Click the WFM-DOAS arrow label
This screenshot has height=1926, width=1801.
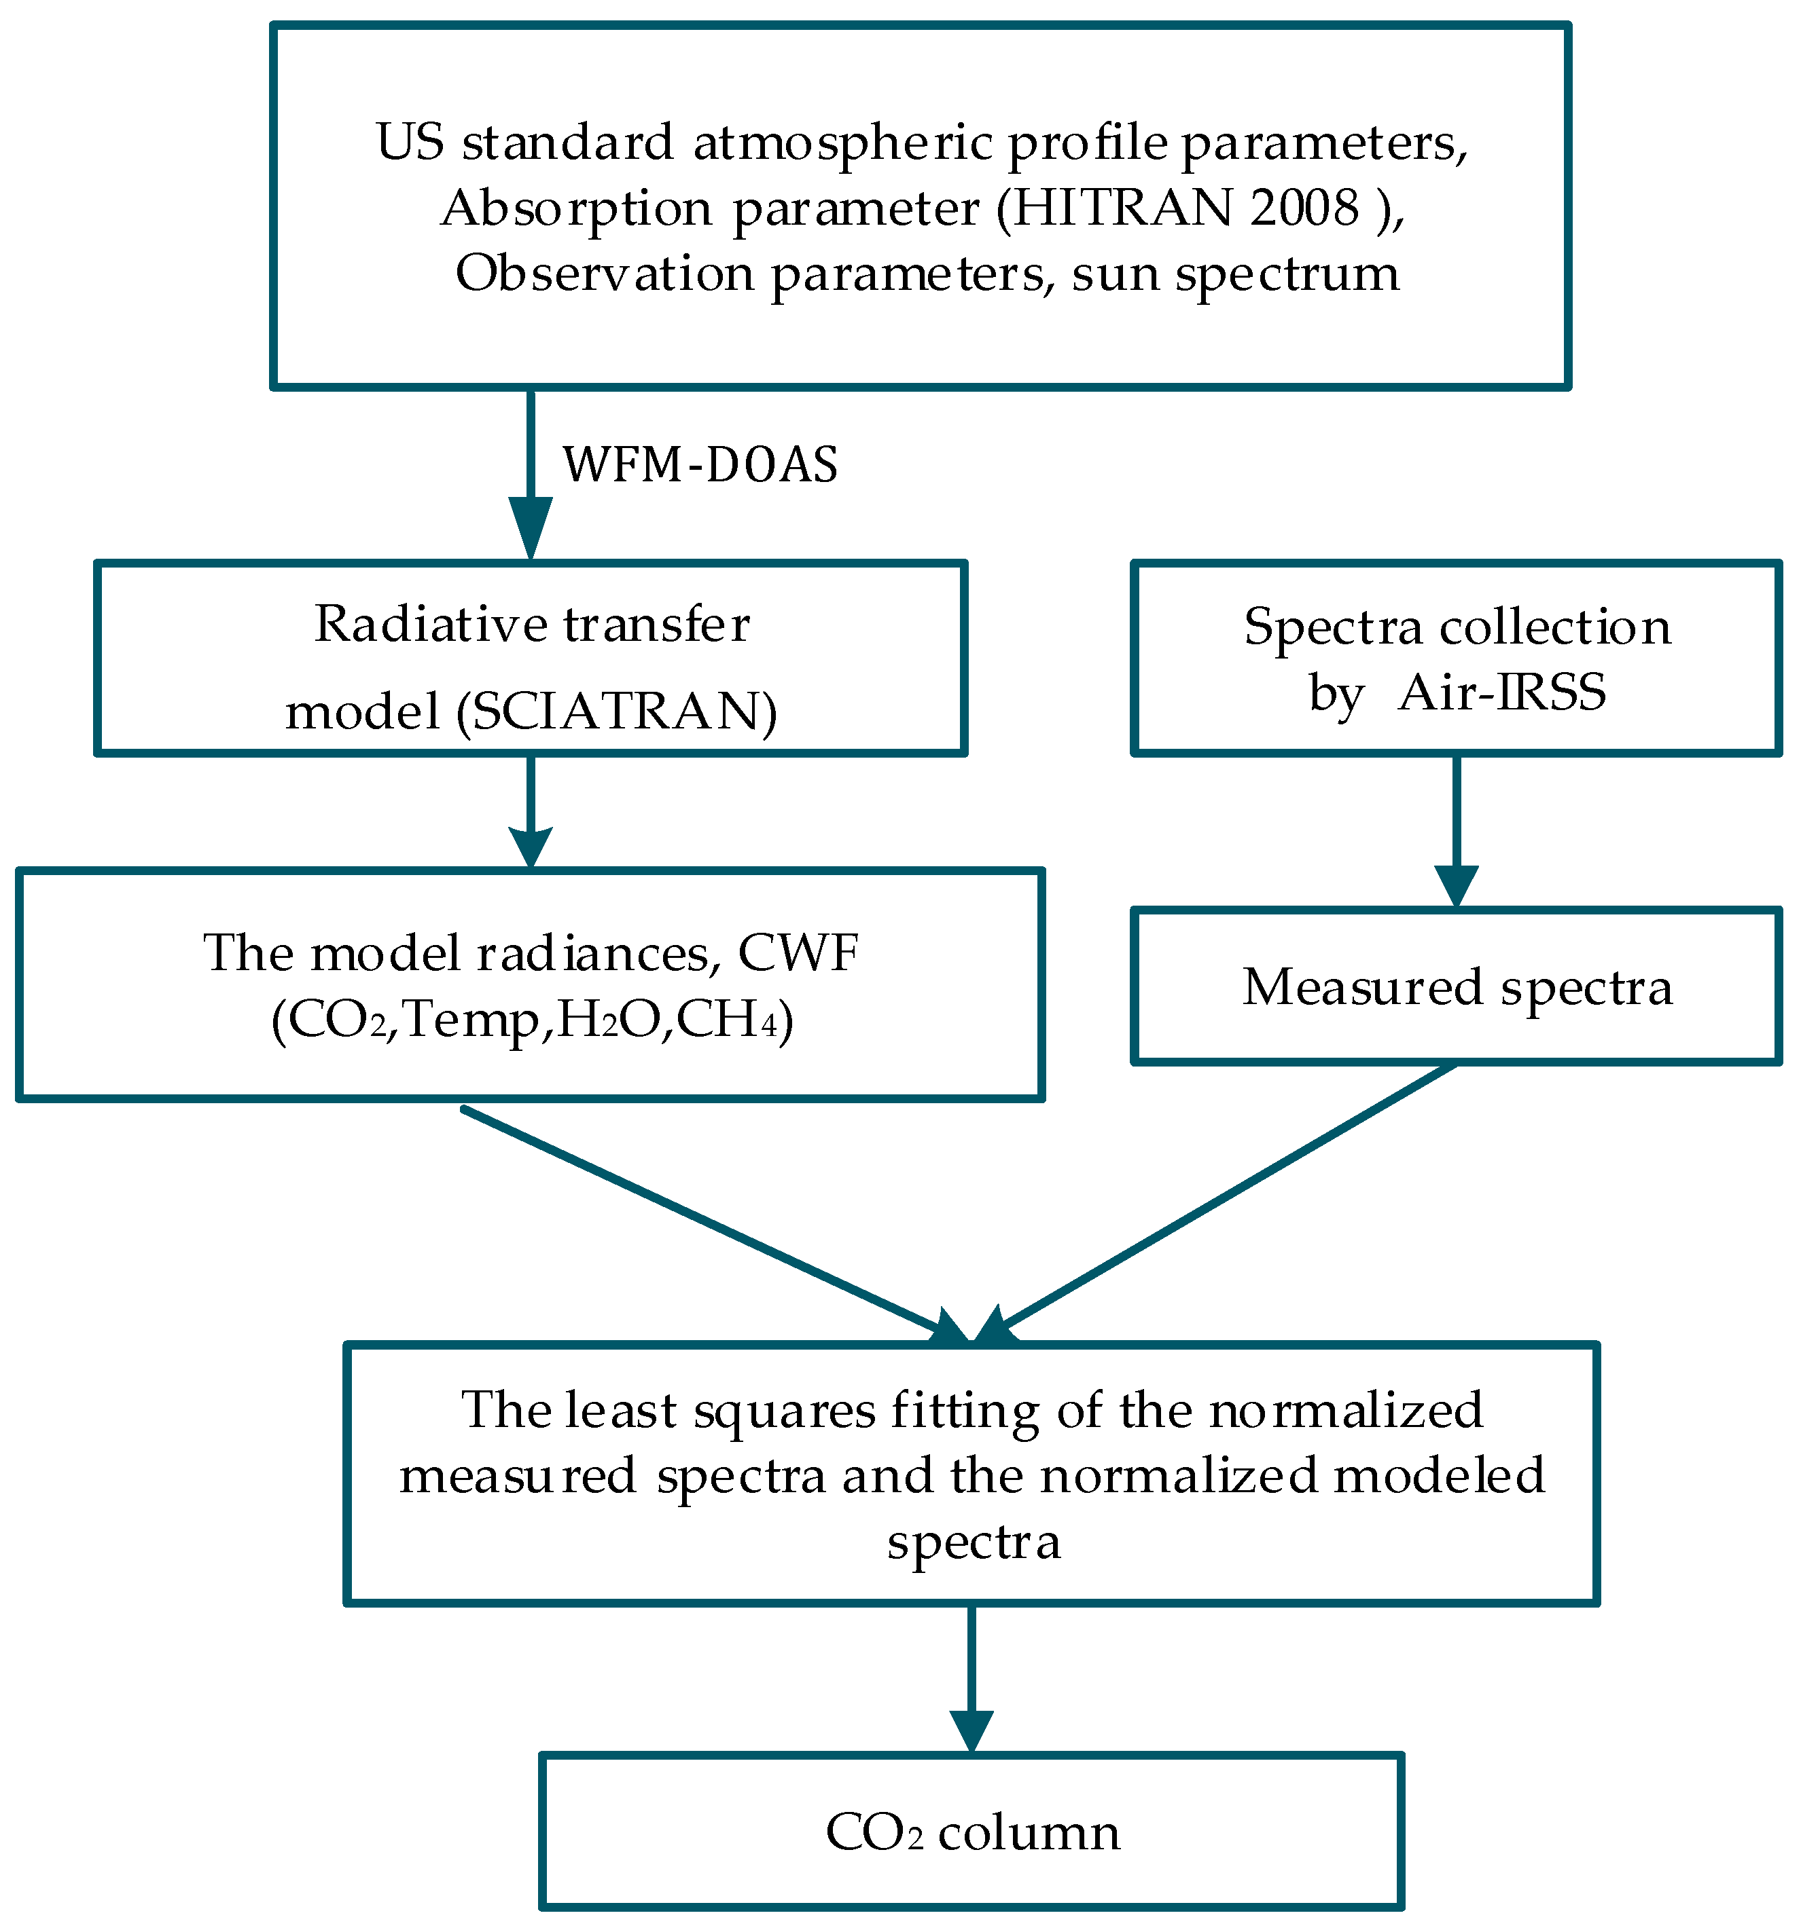[700, 465]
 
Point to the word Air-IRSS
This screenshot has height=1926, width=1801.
[1501, 692]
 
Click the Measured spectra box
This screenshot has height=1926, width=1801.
[1456, 986]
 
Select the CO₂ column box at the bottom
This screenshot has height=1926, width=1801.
[971, 1832]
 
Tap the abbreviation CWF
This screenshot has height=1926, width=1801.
[798, 953]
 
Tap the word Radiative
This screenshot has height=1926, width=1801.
[431, 625]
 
